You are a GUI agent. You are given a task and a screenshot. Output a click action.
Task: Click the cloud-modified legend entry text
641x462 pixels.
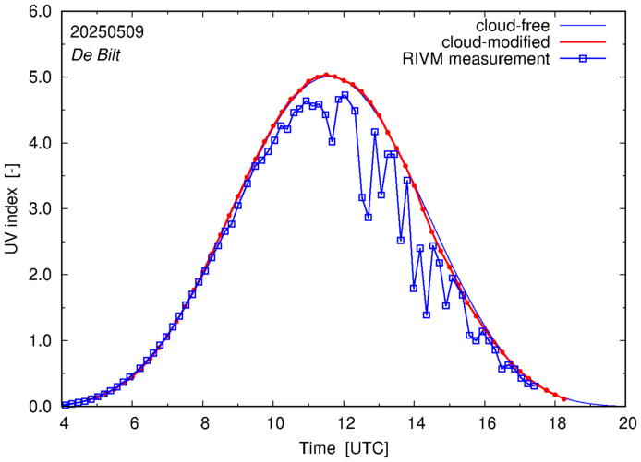(x=497, y=42)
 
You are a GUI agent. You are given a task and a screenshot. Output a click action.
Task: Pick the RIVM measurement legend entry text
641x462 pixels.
(x=476, y=60)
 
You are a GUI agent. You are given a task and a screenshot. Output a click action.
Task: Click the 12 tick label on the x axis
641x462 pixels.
(x=345, y=425)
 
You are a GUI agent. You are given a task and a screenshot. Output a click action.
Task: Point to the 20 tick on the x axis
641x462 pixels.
(x=627, y=425)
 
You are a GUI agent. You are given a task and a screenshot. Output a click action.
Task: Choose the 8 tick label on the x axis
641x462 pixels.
(x=203, y=425)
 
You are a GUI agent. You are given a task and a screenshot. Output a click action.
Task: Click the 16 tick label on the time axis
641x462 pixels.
(x=486, y=425)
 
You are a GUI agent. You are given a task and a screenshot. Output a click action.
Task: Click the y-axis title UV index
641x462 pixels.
(x=12, y=209)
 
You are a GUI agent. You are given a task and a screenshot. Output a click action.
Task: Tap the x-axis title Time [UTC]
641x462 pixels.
(x=345, y=448)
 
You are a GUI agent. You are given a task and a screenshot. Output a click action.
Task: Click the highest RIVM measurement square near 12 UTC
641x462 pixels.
(x=345, y=95)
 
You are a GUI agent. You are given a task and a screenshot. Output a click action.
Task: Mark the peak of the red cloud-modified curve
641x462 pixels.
(x=327, y=76)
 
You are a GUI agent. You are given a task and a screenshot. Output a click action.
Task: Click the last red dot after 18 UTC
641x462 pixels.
(x=563, y=398)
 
